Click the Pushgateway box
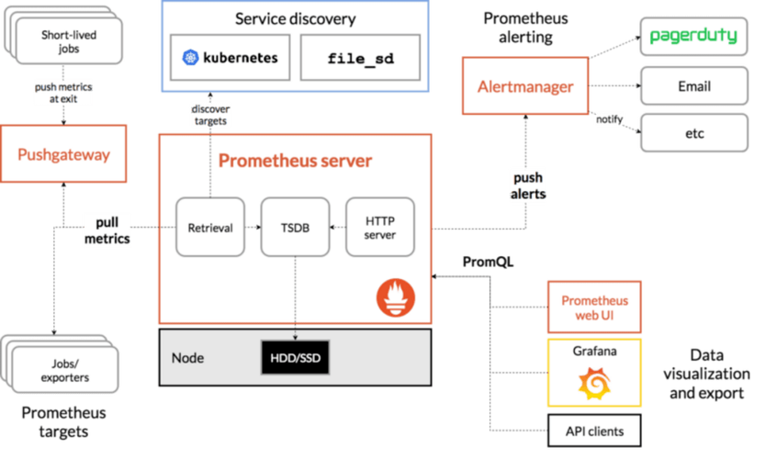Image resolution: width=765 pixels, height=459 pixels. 63,155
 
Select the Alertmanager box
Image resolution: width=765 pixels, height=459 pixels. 525,87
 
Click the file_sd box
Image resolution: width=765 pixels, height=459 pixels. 360,59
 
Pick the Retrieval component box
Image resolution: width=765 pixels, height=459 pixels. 210,227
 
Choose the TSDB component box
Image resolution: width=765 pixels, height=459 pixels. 295,227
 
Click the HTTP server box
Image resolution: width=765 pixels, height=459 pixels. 379,227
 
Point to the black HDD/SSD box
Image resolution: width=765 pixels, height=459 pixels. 295,358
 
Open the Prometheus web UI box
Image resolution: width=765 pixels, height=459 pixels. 594,308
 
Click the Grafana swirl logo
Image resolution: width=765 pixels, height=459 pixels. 594,383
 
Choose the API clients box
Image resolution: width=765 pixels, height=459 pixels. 594,431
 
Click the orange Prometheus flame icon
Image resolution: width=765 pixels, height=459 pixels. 395,297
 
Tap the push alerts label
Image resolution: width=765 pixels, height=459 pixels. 527,185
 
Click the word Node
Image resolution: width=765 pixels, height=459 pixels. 188,358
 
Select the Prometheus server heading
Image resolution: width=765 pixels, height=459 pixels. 295,162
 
